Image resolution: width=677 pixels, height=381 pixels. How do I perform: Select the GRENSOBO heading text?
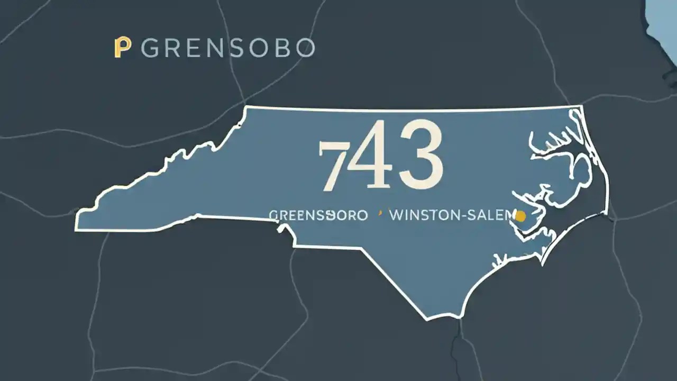(x=228, y=48)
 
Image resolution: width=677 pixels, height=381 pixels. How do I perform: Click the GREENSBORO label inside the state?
(x=318, y=215)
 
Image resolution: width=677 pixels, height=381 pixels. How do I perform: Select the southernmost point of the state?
(x=426, y=319)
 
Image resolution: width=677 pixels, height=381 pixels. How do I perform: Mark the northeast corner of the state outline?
(x=581, y=107)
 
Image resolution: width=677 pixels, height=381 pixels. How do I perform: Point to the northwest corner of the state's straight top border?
(x=246, y=107)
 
